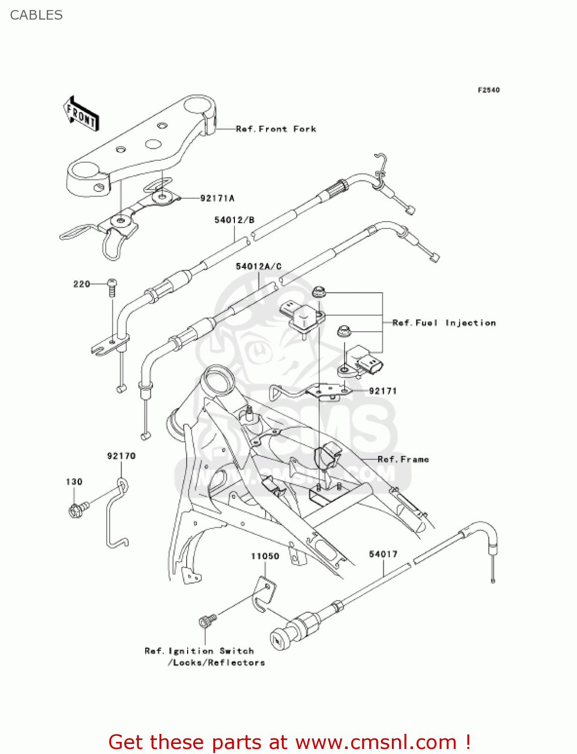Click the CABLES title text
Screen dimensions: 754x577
pyautogui.click(x=36, y=15)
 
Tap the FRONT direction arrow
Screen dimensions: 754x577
pyautogui.click(x=81, y=114)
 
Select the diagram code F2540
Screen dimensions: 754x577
pyautogui.click(x=488, y=90)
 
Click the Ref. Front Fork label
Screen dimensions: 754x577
pyautogui.click(x=276, y=129)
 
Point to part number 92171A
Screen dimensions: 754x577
pyautogui.click(x=217, y=199)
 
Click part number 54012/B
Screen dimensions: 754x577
pyautogui.click(x=234, y=220)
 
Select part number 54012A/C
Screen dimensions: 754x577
pyautogui.click(x=259, y=266)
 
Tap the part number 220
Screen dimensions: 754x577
pyautogui.click(x=81, y=285)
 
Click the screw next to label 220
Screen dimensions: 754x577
pyautogui.click(x=112, y=288)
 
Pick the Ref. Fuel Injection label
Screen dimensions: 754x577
pyautogui.click(x=444, y=323)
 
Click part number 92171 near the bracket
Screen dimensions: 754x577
pyautogui.click(x=383, y=391)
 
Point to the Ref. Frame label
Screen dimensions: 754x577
pyautogui.click(x=403, y=459)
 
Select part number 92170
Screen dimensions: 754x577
pyautogui.click(x=121, y=456)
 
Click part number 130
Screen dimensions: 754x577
pyautogui.click(x=74, y=482)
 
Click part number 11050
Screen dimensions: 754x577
pyautogui.click(x=265, y=556)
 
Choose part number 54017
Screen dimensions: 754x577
pyautogui.click(x=383, y=554)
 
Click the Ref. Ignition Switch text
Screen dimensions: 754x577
pyautogui.click(x=199, y=651)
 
